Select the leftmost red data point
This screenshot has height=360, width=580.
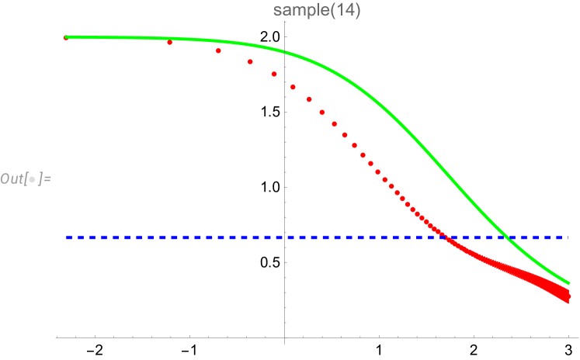(66, 37)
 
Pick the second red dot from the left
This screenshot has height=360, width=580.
(169, 43)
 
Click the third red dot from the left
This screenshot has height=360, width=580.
(219, 51)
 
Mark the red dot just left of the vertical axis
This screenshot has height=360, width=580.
(274, 74)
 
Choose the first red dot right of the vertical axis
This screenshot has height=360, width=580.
(293, 87)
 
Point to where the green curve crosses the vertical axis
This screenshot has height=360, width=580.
(285, 53)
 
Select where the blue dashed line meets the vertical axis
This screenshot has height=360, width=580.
(285, 237)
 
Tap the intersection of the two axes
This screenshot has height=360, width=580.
(285, 337)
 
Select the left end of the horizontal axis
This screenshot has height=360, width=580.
(57, 337)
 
